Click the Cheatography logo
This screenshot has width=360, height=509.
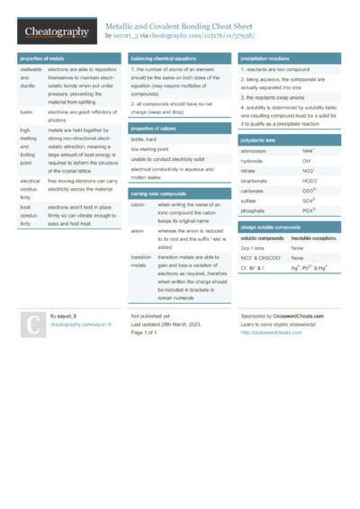click(x=56, y=31)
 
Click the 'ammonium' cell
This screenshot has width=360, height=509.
click(x=256, y=151)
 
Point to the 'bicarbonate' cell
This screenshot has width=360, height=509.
click(x=257, y=181)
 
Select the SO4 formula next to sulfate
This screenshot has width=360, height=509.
click(x=308, y=201)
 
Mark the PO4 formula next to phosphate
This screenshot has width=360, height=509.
click(x=308, y=210)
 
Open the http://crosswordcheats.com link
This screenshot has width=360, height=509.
click(x=271, y=332)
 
